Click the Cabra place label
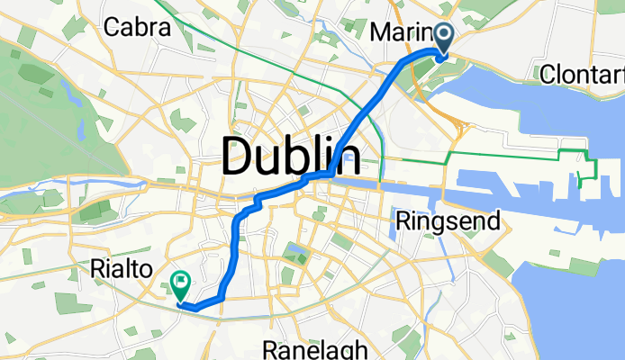click(137, 28)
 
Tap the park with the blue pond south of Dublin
click(294, 250)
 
